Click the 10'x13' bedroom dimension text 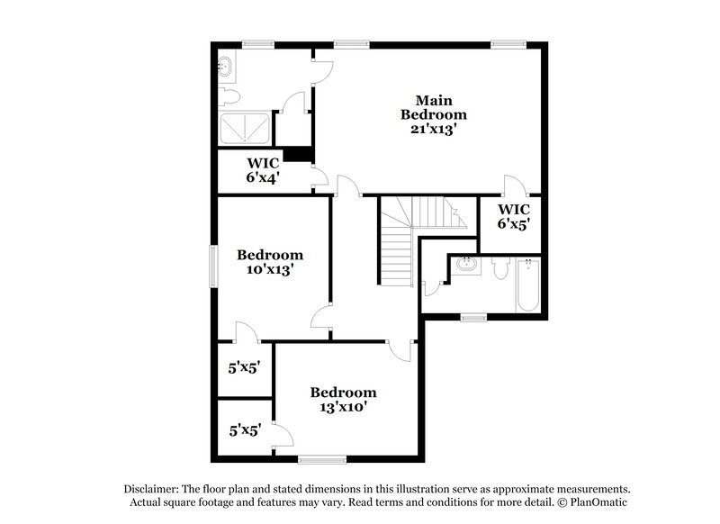pos(269,268)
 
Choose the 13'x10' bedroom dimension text pos(343,406)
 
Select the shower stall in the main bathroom pos(246,129)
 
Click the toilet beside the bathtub pos(501,267)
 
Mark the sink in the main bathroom pos(226,68)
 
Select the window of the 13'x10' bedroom pos(321,459)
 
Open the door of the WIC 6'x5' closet pos(515,186)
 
